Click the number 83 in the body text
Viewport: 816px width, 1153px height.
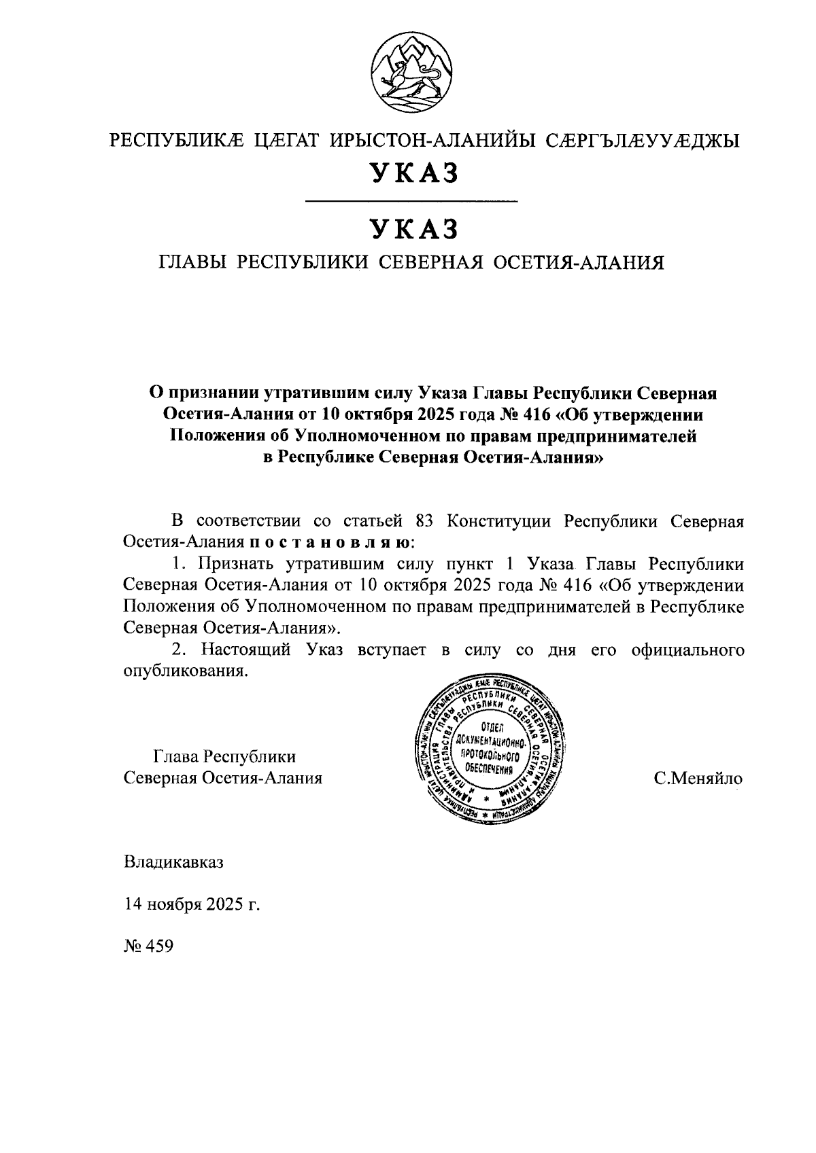coord(423,521)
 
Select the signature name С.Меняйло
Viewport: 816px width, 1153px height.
coord(698,779)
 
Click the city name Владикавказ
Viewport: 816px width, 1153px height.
coord(173,863)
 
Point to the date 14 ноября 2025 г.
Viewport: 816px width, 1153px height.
coord(192,904)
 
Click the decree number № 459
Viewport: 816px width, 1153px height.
coord(149,946)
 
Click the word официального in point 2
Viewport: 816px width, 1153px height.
coord(687,650)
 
